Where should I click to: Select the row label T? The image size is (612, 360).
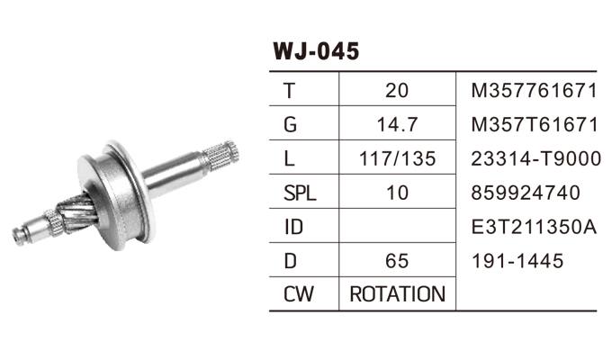[288, 90]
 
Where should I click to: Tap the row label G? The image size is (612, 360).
[289, 124]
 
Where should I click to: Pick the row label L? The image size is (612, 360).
[288, 158]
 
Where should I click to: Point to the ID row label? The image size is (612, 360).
[292, 227]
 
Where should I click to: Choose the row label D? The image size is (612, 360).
[289, 261]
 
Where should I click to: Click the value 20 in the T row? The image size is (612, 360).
[396, 90]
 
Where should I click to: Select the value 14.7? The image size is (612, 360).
[396, 124]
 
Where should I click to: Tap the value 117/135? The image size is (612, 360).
[396, 158]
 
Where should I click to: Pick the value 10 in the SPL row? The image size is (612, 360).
[396, 193]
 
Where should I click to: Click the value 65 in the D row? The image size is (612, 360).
[396, 261]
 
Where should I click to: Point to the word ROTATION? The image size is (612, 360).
[397, 294]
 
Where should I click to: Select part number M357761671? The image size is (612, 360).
[534, 90]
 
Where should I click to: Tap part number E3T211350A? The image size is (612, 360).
[535, 227]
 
